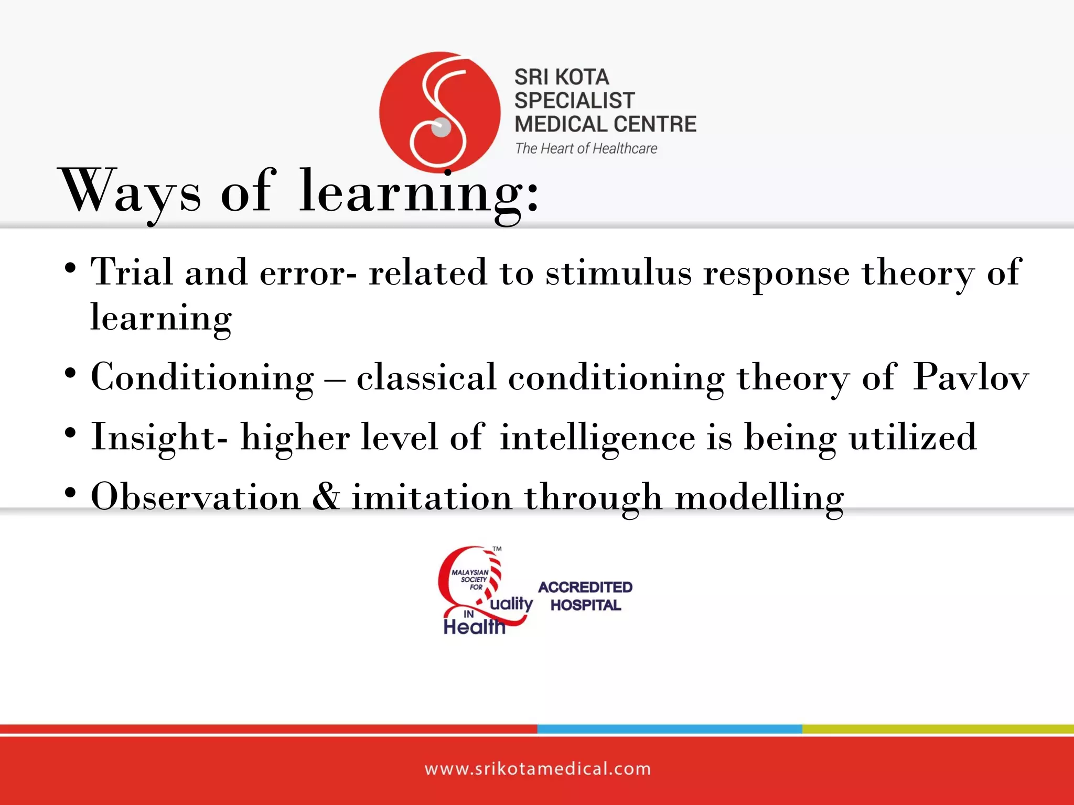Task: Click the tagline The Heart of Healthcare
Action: [586, 149]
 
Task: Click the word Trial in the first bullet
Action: [132, 273]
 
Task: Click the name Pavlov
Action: [971, 377]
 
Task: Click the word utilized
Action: [913, 437]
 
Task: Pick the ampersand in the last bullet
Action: [326, 496]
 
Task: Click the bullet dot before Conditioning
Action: [70, 374]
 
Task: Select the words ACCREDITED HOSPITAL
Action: [585, 596]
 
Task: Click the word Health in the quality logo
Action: [474, 626]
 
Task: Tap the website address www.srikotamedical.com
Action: [538, 769]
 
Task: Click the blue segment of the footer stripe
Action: [669, 729]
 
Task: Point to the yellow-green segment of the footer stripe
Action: [938, 729]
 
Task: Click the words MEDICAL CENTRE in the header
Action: [605, 124]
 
